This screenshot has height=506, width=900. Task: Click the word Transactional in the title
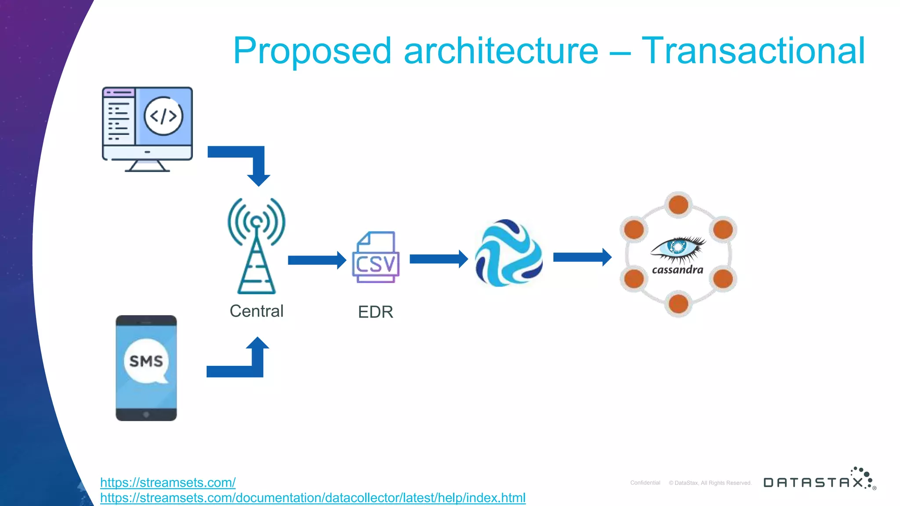753,51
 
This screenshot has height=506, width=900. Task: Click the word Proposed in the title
312,52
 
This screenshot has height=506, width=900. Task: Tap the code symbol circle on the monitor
163,116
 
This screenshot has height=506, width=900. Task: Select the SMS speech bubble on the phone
146,361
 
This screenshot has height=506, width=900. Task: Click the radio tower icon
257,246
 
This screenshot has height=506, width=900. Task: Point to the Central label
257,311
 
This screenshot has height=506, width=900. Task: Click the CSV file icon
376,257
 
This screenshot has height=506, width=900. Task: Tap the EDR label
375,312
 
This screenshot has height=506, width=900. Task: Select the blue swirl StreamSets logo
509,253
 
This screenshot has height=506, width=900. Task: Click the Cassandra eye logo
678,247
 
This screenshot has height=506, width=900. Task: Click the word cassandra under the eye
678,270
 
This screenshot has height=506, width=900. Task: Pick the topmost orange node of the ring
679,205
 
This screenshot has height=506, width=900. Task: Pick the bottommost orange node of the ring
679,304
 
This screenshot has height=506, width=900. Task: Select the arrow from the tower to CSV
317,260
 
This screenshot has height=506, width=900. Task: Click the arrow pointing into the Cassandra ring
582,257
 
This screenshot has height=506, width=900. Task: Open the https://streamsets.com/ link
168,482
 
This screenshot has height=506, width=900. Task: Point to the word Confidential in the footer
645,483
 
